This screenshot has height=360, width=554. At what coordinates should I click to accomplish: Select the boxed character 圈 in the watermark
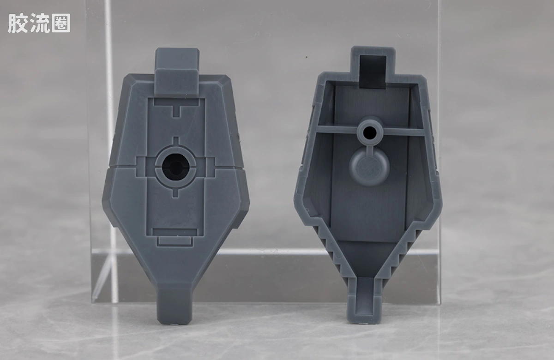click(61, 23)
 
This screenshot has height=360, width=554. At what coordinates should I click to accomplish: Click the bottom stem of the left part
click(175, 306)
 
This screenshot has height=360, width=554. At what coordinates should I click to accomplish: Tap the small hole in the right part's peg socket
click(370, 132)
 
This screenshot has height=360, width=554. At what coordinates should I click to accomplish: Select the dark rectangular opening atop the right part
click(373, 72)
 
